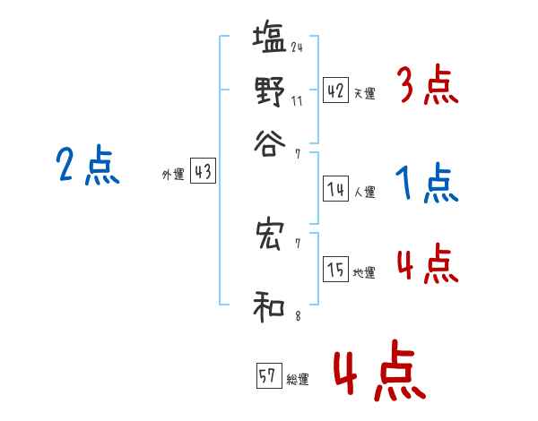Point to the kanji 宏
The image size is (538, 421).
pyautogui.click(x=269, y=235)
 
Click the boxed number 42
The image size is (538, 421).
pyautogui.click(x=335, y=90)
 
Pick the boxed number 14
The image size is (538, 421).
pyautogui.click(x=335, y=189)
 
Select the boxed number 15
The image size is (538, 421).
pyautogui.click(x=335, y=271)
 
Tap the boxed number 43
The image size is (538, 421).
pyautogui.click(x=203, y=173)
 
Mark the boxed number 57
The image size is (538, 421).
pyautogui.click(x=267, y=377)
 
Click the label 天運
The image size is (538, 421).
pyautogui.click(x=364, y=93)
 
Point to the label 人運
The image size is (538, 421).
pyautogui.click(x=364, y=192)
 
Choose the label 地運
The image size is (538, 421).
pyautogui.click(x=364, y=273)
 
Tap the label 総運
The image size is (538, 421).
pyautogui.click(x=297, y=380)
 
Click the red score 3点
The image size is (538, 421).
pyautogui.click(x=427, y=87)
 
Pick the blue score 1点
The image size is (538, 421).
pyautogui.click(x=427, y=184)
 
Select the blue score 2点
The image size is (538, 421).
pyautogui.click(x=87, y=167)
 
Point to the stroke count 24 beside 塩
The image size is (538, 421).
pyautogui.click(x=296, y=47)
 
